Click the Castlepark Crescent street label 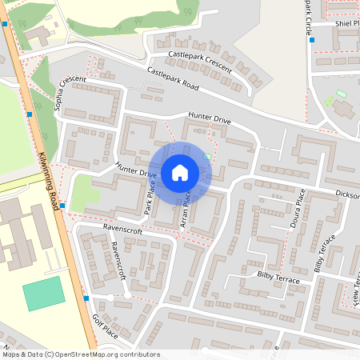pyautogui.click(x=200, y=62)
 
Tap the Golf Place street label pyautogui.click(x=105, y=326)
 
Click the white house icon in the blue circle pyautogui.click(x=180, y=172)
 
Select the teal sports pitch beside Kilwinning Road pyautogui.click(x=43, y=294)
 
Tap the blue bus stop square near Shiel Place pyautogui.click(x=312, y=40)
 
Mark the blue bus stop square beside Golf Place pyautogui.click(x=86, y=298)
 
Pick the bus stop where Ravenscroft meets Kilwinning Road pyautogui.click(x=62, y=206)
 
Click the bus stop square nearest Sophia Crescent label pyautogui.click(x=30, y=114)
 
